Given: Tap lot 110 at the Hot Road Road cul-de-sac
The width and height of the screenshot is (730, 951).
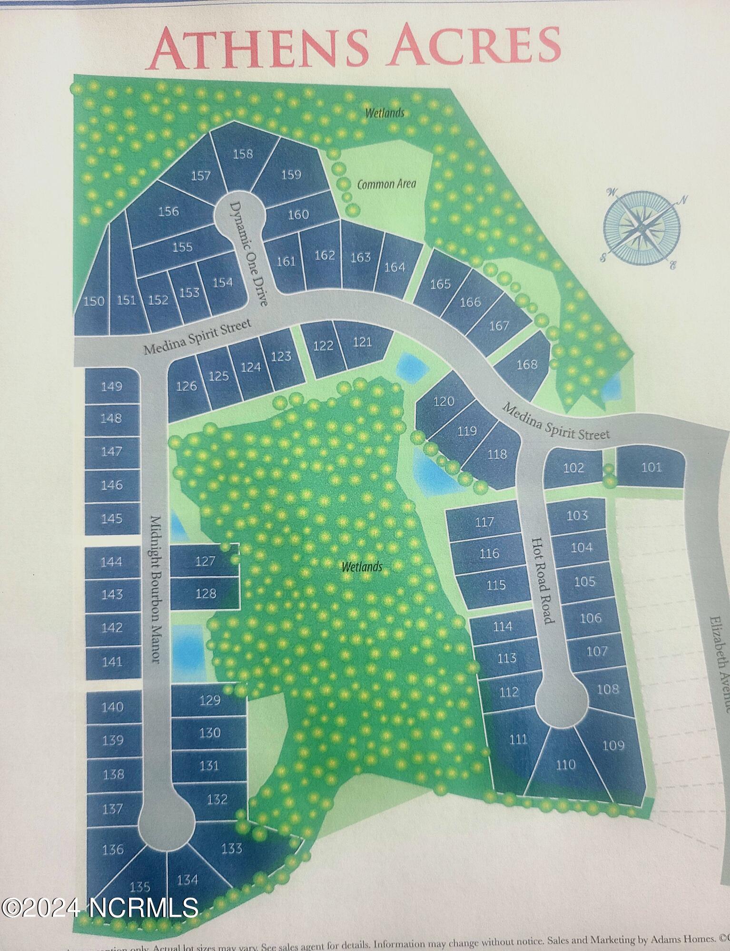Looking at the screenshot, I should point(565,765).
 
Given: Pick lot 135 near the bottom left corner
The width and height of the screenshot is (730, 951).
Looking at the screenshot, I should point(140,886).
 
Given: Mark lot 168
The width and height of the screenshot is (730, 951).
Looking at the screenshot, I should point(526,364).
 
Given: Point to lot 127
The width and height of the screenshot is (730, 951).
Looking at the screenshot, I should point(205,561).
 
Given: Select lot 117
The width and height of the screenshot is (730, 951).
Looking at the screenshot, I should point(484,522).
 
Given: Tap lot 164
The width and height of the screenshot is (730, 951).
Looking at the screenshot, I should point(395,267).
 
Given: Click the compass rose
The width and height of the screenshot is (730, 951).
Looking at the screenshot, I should point(642,228).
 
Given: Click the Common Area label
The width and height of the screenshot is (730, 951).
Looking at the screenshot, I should point(386,184).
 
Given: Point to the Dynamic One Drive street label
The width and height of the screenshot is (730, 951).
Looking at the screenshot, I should point(250,253).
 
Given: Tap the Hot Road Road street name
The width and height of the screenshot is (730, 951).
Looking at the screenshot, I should point(543,580).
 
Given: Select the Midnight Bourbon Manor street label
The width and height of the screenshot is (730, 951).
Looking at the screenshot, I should point(156,590).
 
